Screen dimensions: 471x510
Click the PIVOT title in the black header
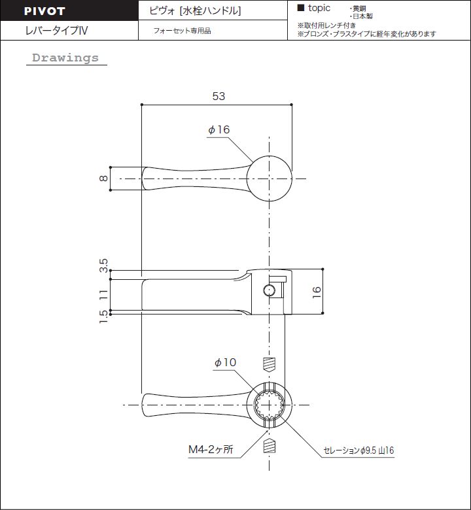click(x=44, y=11)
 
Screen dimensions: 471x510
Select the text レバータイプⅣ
click(x=57, y=31)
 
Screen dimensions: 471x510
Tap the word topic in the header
click(x=319, y=8)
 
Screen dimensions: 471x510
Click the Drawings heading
click(x=65, y=58)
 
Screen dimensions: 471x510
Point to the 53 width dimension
click(x=218, y=96)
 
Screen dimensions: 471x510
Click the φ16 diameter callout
click(x=219, y=129)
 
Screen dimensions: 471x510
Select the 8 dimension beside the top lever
click(x=103, y=178)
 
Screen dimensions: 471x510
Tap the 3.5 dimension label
click(x=103, y=265)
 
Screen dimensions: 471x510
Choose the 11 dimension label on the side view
click(x=103, y=295)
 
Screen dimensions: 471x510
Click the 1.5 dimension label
click(x=103, y=317)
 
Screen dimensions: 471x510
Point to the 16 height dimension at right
click(x=317, y=292)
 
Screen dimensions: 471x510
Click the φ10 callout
click(x=225, y=362)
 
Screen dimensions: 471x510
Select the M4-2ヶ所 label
click(x=211, y=449)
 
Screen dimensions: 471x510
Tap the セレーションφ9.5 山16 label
click(x=358, y=450)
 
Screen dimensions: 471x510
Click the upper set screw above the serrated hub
click(x=269, y=365)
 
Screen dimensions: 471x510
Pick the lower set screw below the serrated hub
click(x=269, y=446)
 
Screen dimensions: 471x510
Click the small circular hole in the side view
click(x=269, y=290)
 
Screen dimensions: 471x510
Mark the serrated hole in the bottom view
click(x=269, y=405)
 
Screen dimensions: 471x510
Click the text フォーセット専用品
click(x=183, y=31)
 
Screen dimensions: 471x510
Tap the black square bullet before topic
click(x=300, y=8)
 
